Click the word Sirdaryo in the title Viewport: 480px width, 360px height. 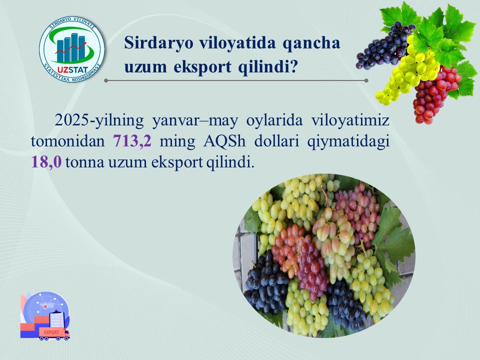point(158,42)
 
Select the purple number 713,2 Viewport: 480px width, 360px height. point(132,141)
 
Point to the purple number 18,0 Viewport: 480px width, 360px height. point(46,162)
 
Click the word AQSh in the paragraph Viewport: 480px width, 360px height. point(224,141)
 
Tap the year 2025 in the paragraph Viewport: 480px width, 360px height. point(72,120)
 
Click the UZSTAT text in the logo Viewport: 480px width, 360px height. point(72,70)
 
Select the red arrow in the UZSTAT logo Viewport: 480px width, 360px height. point(71,48)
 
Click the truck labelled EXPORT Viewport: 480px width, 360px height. point(54,333)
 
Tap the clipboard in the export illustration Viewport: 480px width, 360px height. point(57,318)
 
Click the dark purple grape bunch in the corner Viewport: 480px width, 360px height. point(383,46)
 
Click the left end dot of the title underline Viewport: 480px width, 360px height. point(106,80)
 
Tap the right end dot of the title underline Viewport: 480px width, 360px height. point(366,80)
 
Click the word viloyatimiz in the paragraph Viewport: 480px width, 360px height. point(350,120)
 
